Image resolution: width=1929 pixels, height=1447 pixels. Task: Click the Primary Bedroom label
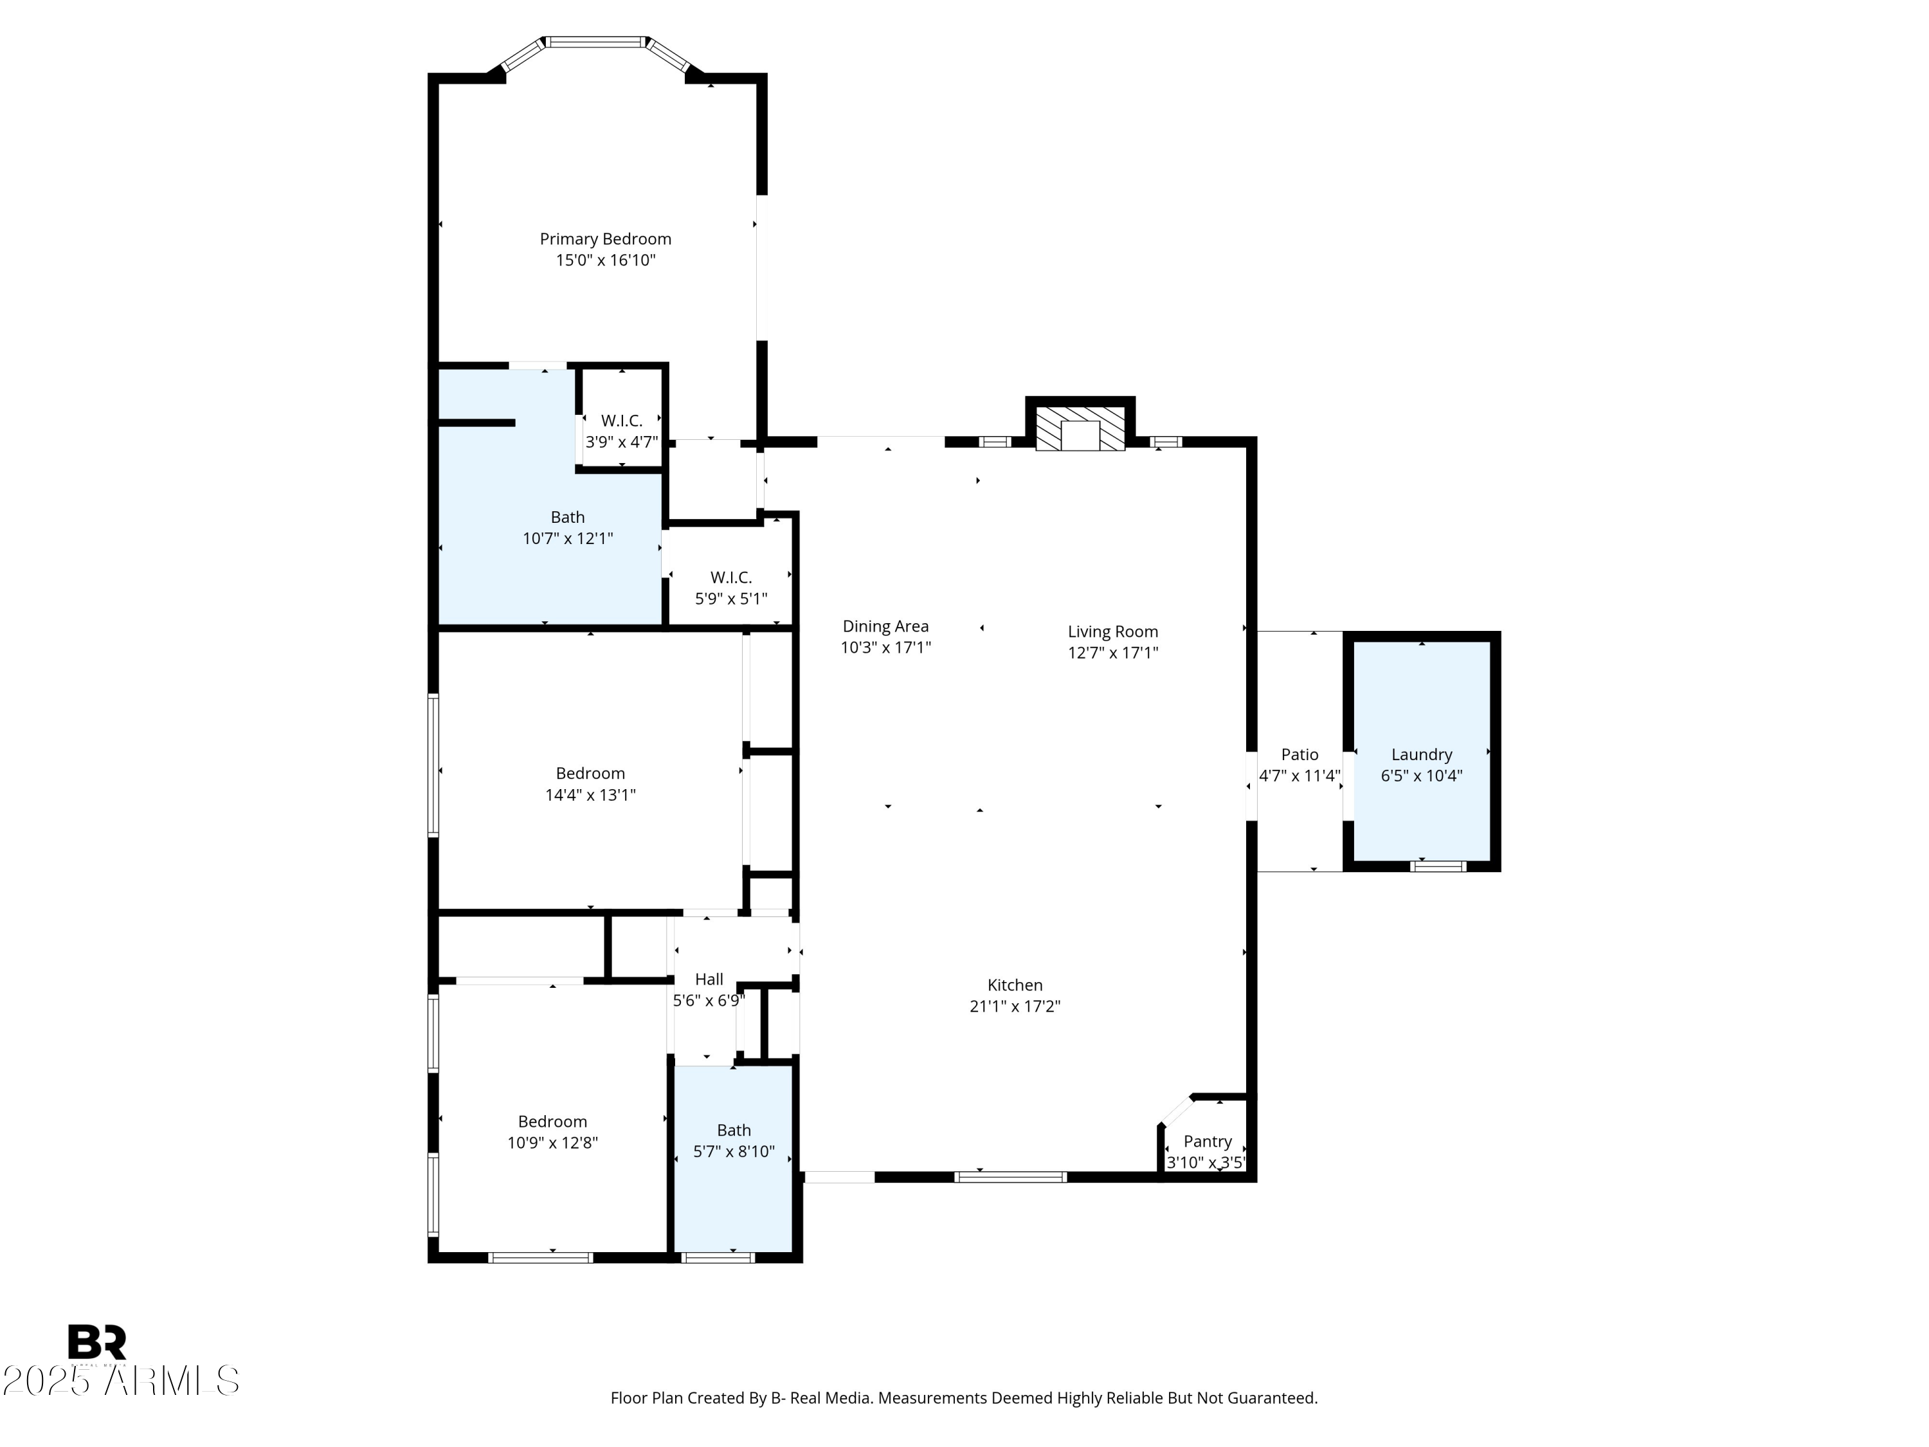click(x=605, y=239)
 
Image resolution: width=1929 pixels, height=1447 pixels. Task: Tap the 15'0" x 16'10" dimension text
click(x=605, y=260)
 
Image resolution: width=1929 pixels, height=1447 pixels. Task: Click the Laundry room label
click(x=1422, y=754)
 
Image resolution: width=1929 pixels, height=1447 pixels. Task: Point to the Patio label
click(x=1300, y=754)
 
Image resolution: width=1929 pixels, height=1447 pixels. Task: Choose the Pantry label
click(x=1207, y=1141)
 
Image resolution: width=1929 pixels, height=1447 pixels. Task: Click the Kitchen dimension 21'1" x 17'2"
click(x=1014, y=1006)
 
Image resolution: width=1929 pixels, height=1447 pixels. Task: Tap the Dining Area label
click(x=885, y=626)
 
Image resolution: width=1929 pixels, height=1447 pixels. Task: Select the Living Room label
click(x=1113, y=632)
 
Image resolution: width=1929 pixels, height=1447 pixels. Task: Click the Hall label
click(x=709, y=979)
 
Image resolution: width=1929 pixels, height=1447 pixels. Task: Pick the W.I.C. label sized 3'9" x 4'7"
click(x=621, y=421)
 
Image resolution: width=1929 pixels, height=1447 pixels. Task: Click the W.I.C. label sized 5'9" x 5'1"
click(x=731, y=578)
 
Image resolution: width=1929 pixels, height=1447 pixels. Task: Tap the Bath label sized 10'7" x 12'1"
click(x=568, y=517)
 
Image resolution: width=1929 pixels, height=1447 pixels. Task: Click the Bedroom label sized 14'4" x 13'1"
click(x=590, y=774)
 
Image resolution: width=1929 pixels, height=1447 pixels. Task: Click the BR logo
click(x=97, y=1342)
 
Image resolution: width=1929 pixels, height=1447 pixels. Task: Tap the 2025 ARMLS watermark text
click(x=120, y=1381)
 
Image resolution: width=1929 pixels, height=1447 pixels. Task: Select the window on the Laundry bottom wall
click(x=1438, y=866)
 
